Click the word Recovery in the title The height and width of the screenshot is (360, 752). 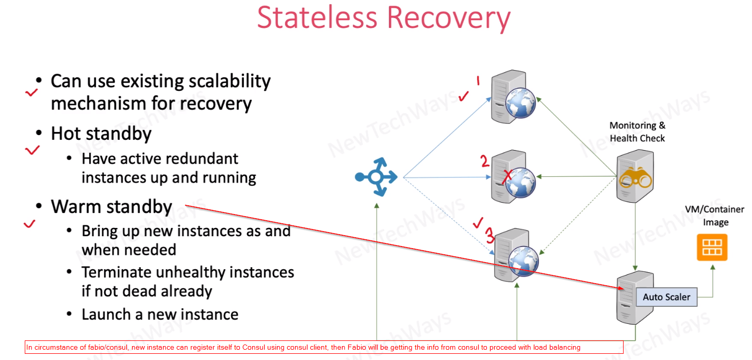click(x=448, y=19)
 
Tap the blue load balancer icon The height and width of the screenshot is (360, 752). click(x=376, y=177)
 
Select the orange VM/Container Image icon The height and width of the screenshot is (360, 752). click(x=712, y=247)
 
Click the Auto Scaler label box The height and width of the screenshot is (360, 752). click(x=666, y=297)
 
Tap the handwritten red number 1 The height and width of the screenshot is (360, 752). click(x=478, y=80)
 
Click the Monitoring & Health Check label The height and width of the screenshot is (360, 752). click(x=637, y=132)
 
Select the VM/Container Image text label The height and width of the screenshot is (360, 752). click(x=714, y=216)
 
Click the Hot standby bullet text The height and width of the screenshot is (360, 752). click(x=101, y=134)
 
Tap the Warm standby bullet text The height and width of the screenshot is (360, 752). click(x=111, y=207)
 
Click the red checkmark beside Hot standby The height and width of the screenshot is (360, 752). click(x=32, y=150)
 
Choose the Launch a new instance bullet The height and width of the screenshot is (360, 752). click(x=160, y=314)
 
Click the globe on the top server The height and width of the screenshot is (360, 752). click(x=520, y=103)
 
